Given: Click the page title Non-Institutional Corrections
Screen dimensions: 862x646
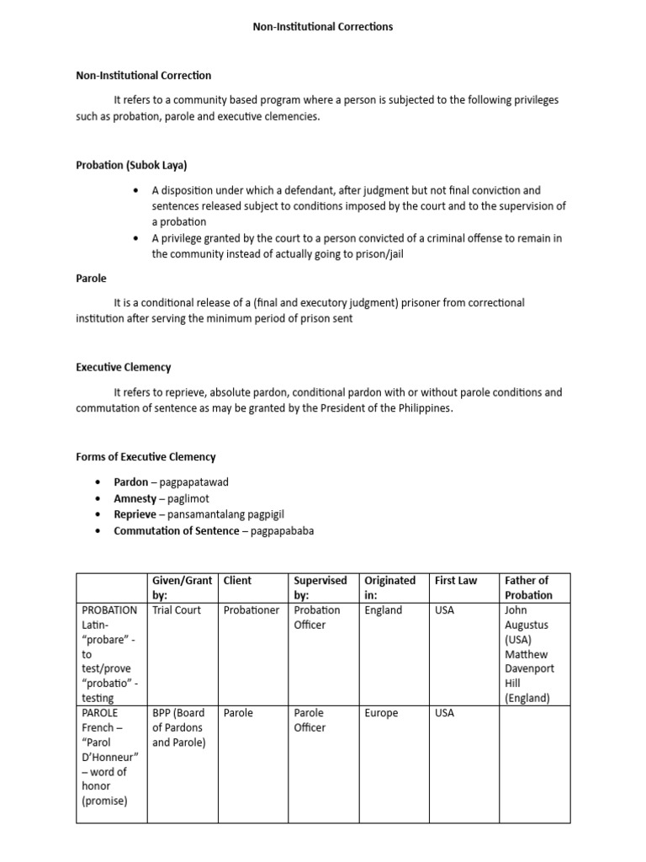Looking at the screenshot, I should click(x=323, y=27).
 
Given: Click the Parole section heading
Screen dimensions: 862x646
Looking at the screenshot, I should click(x=91, y=278).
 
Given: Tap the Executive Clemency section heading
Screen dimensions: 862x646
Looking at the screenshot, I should click(x=123, y=367).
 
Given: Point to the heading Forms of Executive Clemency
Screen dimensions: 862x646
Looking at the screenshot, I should click(x=146, y=456).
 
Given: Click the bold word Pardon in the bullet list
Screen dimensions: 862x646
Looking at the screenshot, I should click(x=131, y=482).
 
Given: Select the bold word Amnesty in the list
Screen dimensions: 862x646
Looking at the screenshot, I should click(x=135, y=498).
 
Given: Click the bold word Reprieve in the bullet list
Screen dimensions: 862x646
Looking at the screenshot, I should click(x=135, y=514).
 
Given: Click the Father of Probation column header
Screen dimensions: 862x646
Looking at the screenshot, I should click(x=527, y=588).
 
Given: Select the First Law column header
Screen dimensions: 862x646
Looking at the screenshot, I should click(x=455, y=580).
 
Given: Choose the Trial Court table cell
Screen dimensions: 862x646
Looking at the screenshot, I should click(x=177, y=610).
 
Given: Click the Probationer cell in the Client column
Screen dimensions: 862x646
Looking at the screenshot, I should click(x=252, y=610).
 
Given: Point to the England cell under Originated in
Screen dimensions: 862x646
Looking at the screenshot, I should click(x=383, y=610).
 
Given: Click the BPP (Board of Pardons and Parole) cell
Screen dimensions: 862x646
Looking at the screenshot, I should click(x=179, y=727).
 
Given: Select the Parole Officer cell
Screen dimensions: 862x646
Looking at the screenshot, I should click(x=310, y=720).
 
